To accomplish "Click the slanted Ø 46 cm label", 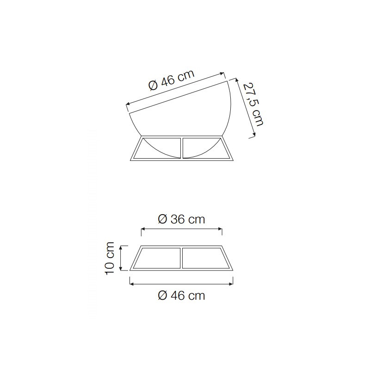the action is point(172,80).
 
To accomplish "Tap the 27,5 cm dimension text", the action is point(253,105).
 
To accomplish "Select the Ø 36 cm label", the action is point(181,219).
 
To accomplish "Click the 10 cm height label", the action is point(110,258).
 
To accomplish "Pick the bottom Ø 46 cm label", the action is point(181,296).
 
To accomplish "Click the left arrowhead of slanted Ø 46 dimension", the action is point(128,104).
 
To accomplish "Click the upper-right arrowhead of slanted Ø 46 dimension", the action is point(222,74).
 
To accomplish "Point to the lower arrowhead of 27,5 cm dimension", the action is point(254,135).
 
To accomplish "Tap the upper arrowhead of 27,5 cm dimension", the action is point(237,80).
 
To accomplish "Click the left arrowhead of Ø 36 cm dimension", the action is point(143,228).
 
